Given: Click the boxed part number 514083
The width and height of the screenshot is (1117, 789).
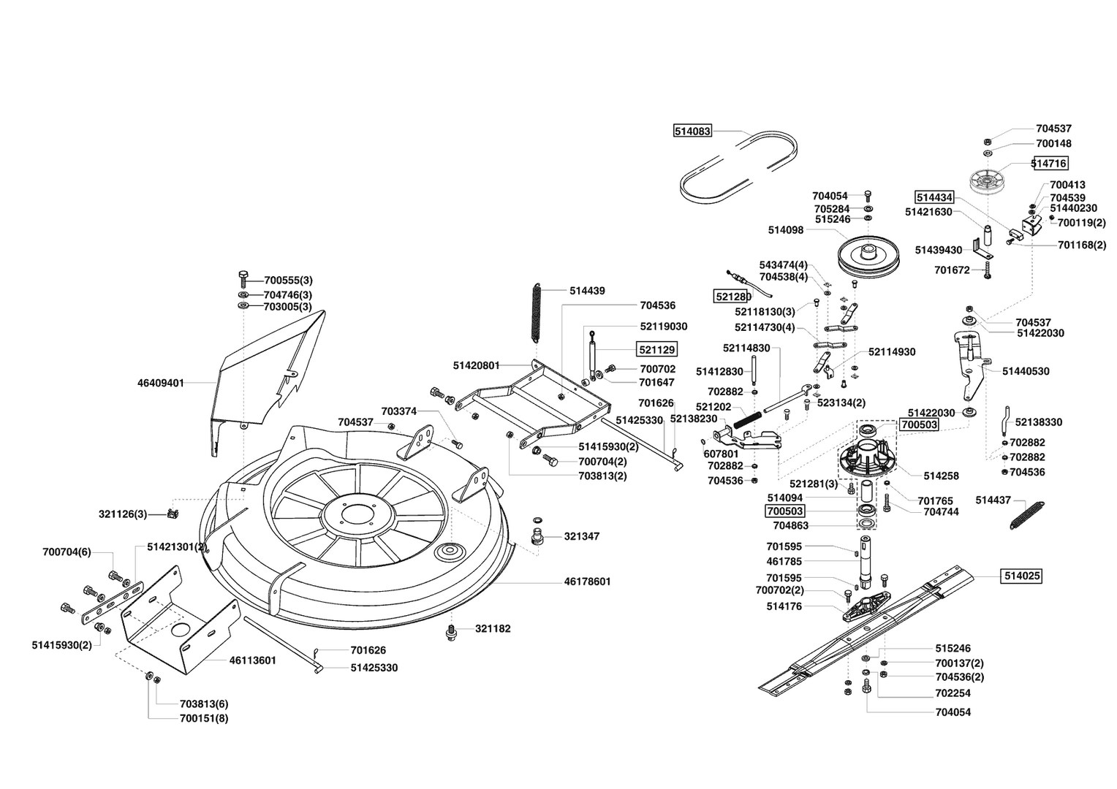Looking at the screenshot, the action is [x=692, y=131].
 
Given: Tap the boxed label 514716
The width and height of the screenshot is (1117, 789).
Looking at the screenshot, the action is [x=1050, y=163].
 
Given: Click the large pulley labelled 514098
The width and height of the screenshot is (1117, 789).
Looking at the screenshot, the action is [x=868, y=256].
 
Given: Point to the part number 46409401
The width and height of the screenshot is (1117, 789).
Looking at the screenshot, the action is [x=161, y=383].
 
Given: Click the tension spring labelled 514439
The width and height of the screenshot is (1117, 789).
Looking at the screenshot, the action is [x=537, y=313].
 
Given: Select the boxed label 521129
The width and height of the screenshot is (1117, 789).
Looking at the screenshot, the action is [x=657, y=349].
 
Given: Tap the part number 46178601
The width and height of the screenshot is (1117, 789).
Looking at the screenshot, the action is [x=588, y=582].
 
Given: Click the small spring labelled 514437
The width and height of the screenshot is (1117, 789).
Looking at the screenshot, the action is [x=1027, y=516].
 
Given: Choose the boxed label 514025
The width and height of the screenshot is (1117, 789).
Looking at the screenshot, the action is [x=1022, y=576].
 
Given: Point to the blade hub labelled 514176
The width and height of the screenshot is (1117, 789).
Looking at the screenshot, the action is [x=867, y=606].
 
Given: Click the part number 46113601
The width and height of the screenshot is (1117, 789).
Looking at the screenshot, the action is [x=252, y=660].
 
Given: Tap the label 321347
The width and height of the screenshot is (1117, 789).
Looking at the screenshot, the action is [x=582, y=536].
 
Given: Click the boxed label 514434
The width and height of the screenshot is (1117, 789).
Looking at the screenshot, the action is [x=934, y=197].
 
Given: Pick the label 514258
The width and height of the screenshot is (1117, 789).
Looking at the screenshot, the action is [x=941, y=476].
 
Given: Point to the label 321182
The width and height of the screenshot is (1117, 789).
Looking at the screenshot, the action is [x=493, y=628].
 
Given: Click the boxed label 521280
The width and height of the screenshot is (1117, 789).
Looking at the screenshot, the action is [x=733, y=297].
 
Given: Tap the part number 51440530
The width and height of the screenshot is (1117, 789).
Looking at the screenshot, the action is [x=1026, y=371].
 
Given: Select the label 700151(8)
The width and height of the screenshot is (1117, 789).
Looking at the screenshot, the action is [x=204, y=718].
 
